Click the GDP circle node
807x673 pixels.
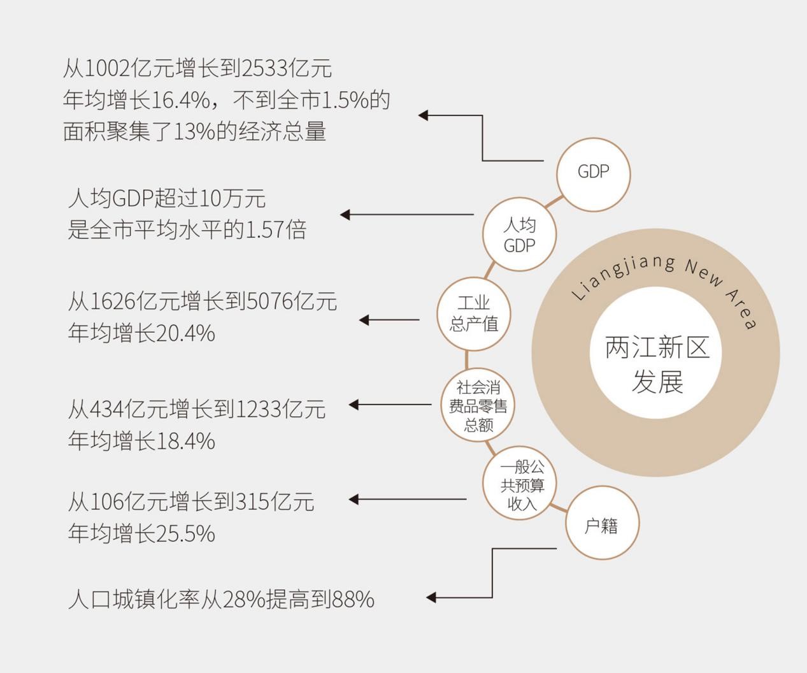coord(593,173)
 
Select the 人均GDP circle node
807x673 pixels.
coord(519,235)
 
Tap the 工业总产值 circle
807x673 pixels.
coord(473,313)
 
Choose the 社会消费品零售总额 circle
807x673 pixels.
coord(478,406)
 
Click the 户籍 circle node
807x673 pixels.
coord(602,525)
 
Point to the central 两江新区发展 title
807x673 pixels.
coord(656,365)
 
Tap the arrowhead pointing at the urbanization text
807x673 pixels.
coord(431,597)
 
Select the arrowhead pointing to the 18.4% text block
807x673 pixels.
coord(354,405)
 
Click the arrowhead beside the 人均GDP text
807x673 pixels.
coord(345,215)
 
